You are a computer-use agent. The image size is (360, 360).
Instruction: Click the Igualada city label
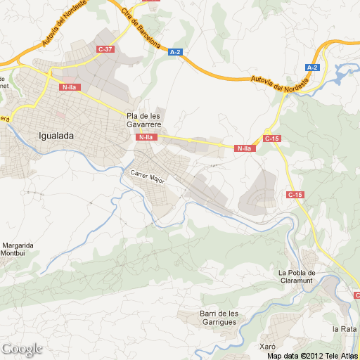(x=56, y=136)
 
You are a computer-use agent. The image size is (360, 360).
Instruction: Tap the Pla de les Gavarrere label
(x=144, y=120)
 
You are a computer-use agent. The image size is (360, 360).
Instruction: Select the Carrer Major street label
(x=148, y=176)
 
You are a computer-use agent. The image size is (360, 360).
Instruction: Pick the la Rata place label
(x=345, y=328)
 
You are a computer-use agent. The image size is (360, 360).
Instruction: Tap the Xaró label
(x=266, y=347)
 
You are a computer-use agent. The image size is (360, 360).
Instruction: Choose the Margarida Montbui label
(x=17, y=249)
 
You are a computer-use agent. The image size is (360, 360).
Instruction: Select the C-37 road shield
(x=105, y=49)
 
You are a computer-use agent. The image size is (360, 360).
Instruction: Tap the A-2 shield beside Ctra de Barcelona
(x=175, y=51)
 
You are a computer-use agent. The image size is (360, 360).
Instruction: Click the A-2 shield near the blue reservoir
(x=312, y=67)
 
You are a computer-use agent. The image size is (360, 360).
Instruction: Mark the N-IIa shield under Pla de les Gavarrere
(x=146, y=137)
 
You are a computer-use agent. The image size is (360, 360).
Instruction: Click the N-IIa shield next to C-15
(x=244, y=148)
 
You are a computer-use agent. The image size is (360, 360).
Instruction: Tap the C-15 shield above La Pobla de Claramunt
(x=295, y=194)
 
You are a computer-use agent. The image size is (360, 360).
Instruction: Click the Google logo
(x=22, y=349)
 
